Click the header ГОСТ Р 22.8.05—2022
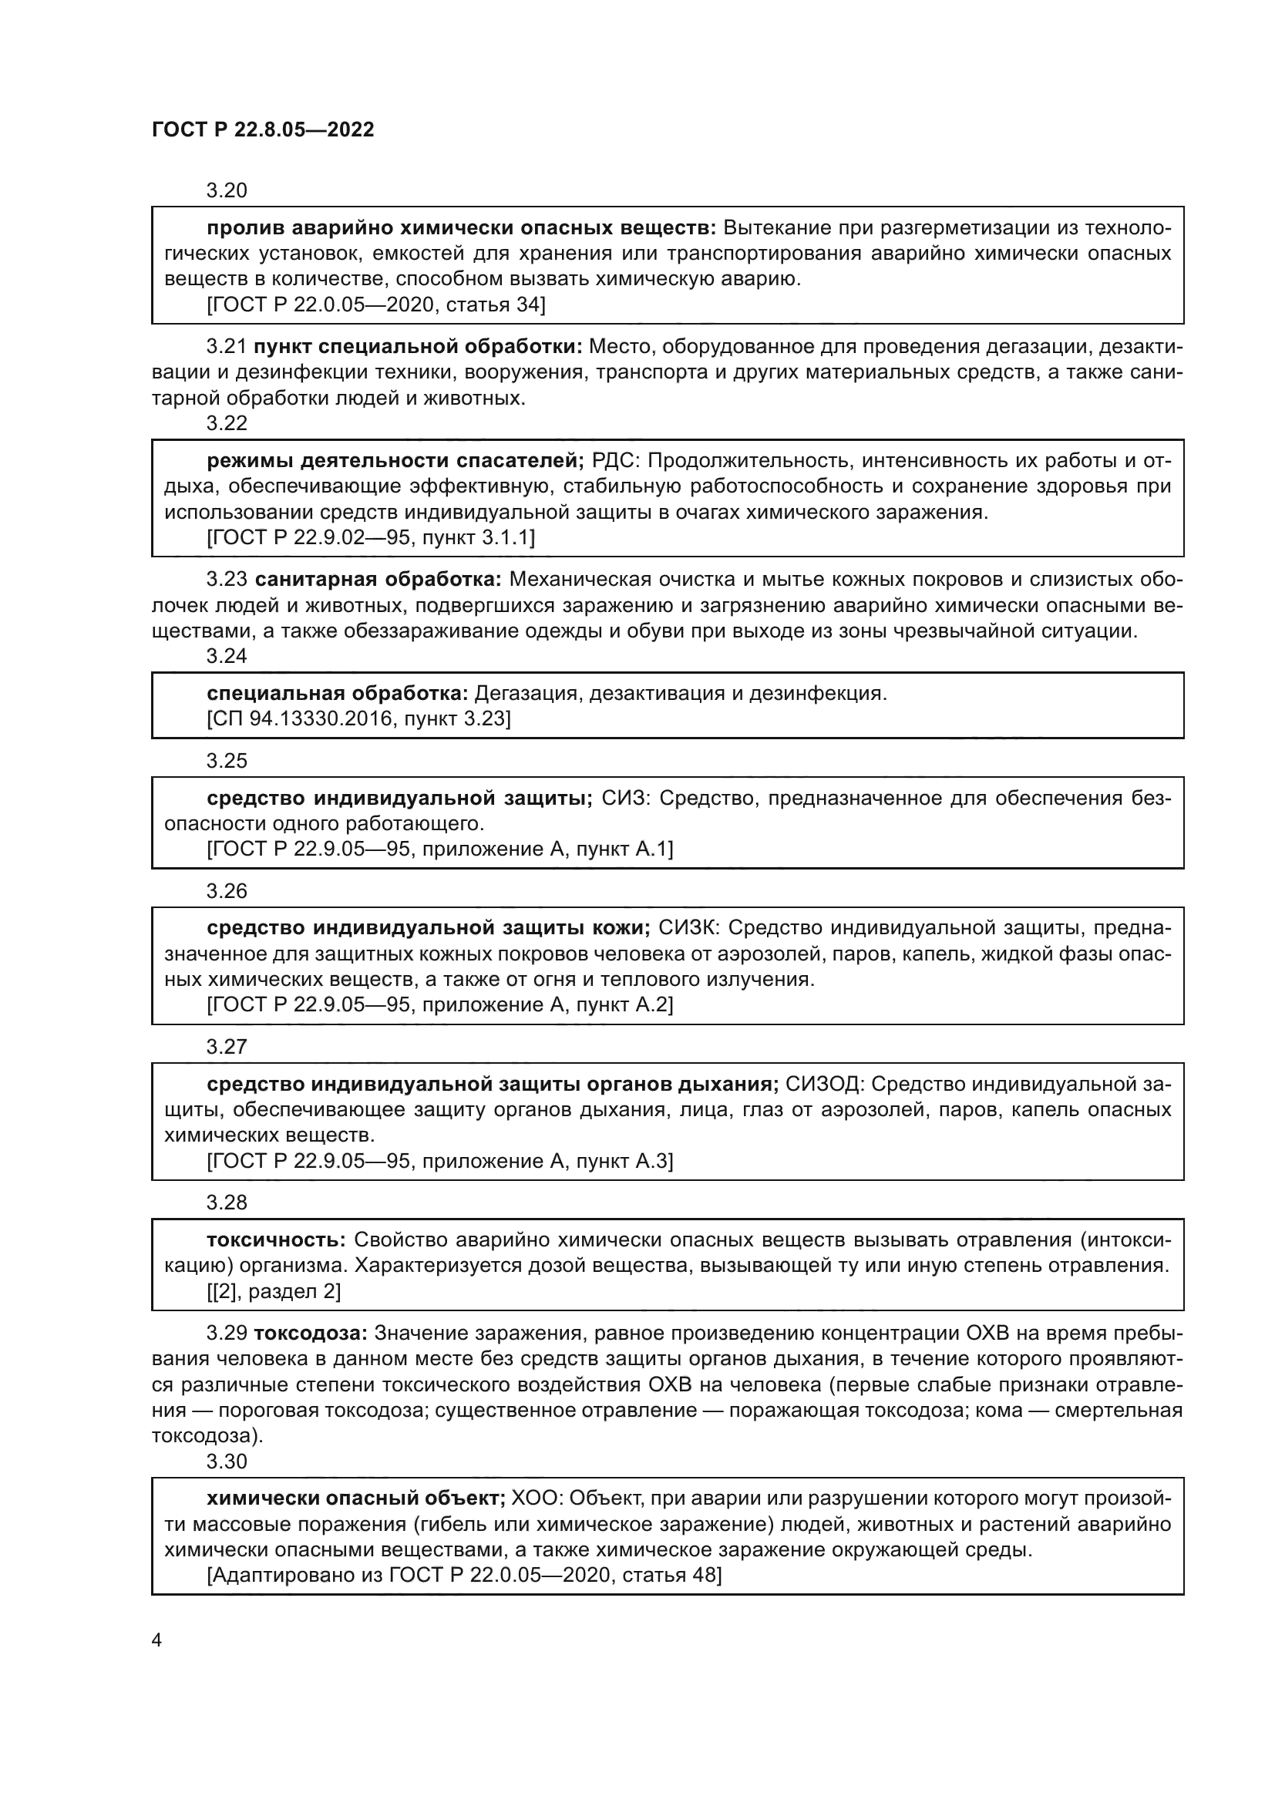point(263,130)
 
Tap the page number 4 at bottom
point(156,1640)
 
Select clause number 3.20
point(226,191)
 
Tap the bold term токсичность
point(275,1240)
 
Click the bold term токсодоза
point(311,1334)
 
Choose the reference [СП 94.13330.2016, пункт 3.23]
point(358,719)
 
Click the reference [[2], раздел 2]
point(273,1292)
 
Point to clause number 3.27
point(226,1047)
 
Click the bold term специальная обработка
point(338,694)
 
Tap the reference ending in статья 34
point(375,304)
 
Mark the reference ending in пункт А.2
point(439,1005)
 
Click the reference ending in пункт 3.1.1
point(371,538)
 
